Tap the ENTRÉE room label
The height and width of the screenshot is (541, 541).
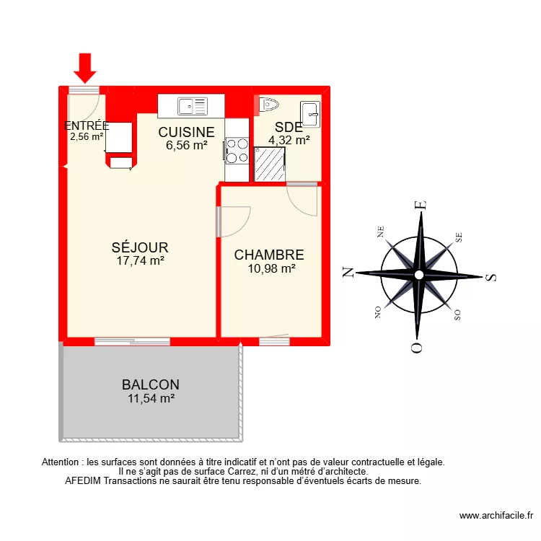pos(87,126)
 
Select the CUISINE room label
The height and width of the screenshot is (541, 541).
pos(186,133)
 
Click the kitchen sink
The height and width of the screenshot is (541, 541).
pos(193,106)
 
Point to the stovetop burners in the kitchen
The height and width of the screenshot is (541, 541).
pos(234,150)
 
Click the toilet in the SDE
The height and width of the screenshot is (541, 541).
pos(267,105)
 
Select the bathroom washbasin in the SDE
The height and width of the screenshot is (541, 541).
pos(310,113)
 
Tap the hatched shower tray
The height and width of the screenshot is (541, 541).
pos(270,164)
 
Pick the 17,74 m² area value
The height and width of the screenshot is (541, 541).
pos(140,262)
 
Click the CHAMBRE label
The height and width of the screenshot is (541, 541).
pos(269,255)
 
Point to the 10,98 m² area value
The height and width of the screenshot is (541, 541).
pos(269,268)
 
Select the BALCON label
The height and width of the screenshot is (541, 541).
pos(150,385)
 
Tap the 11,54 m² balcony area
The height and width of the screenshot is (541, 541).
pos(150,397)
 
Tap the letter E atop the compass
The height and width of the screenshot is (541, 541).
pos(423,205)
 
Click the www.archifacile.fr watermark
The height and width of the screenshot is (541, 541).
pos(496,515)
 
